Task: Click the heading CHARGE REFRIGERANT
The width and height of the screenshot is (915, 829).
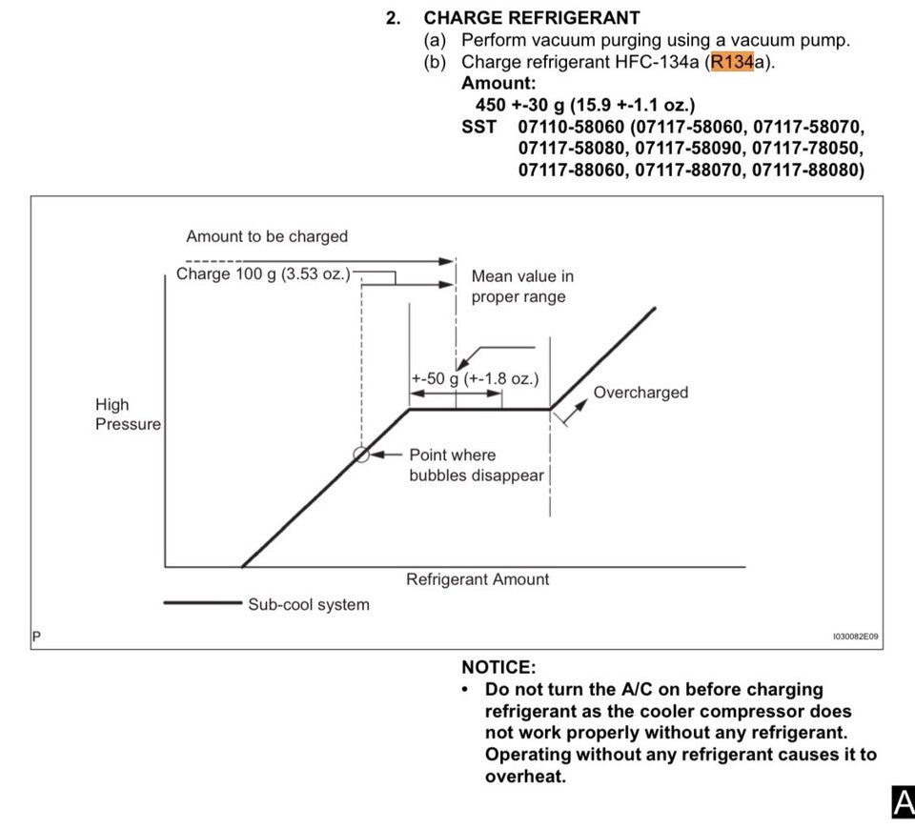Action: (532, 18)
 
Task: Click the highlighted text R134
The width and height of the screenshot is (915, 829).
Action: (732, 61)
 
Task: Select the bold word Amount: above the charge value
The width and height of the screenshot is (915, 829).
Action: (498, 84)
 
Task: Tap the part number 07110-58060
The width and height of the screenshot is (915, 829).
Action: (571, 127)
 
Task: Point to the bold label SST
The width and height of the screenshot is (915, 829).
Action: (478, 127)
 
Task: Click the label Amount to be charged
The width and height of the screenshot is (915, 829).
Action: (267, 236)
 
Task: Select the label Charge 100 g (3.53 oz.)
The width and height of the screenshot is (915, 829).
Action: (263, 273)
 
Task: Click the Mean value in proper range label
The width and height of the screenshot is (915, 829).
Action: (522, 287)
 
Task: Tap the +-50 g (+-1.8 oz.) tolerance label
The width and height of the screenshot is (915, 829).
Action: (475, 378)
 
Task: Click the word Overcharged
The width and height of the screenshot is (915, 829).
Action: (640, 392)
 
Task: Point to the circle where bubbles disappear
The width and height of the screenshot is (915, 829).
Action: (361, 455)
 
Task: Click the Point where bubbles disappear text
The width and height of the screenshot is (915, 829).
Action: (477, 465)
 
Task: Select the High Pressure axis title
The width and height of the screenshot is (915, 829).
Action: (128, 414)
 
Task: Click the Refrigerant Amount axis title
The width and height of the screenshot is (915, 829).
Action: (478, 579)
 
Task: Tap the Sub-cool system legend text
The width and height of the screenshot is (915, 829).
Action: (309, 604)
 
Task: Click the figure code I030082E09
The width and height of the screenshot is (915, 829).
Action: (856, 637)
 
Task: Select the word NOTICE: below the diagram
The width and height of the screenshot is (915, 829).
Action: (498, 667)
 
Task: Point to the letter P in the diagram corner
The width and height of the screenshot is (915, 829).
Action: (37, 636)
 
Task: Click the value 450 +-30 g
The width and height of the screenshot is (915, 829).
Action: (520, 105)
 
